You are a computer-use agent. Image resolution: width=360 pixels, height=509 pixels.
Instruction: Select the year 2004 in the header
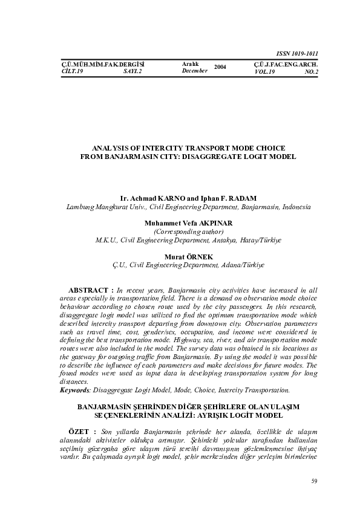220,67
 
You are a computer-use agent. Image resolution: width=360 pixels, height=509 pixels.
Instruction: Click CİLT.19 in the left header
73,71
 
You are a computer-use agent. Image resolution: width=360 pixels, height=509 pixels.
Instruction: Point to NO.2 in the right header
312,71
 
